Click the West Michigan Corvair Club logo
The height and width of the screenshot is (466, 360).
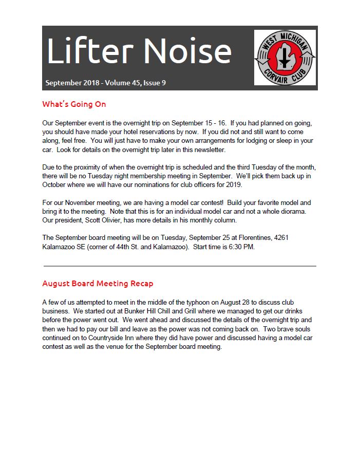pos(285,57)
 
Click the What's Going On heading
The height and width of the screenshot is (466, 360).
pos(74,104)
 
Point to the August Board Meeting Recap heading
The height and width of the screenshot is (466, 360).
pos(98,284)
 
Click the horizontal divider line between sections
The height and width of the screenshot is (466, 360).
pos(180,266)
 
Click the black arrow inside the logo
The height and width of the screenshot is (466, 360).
pos(283,58)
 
